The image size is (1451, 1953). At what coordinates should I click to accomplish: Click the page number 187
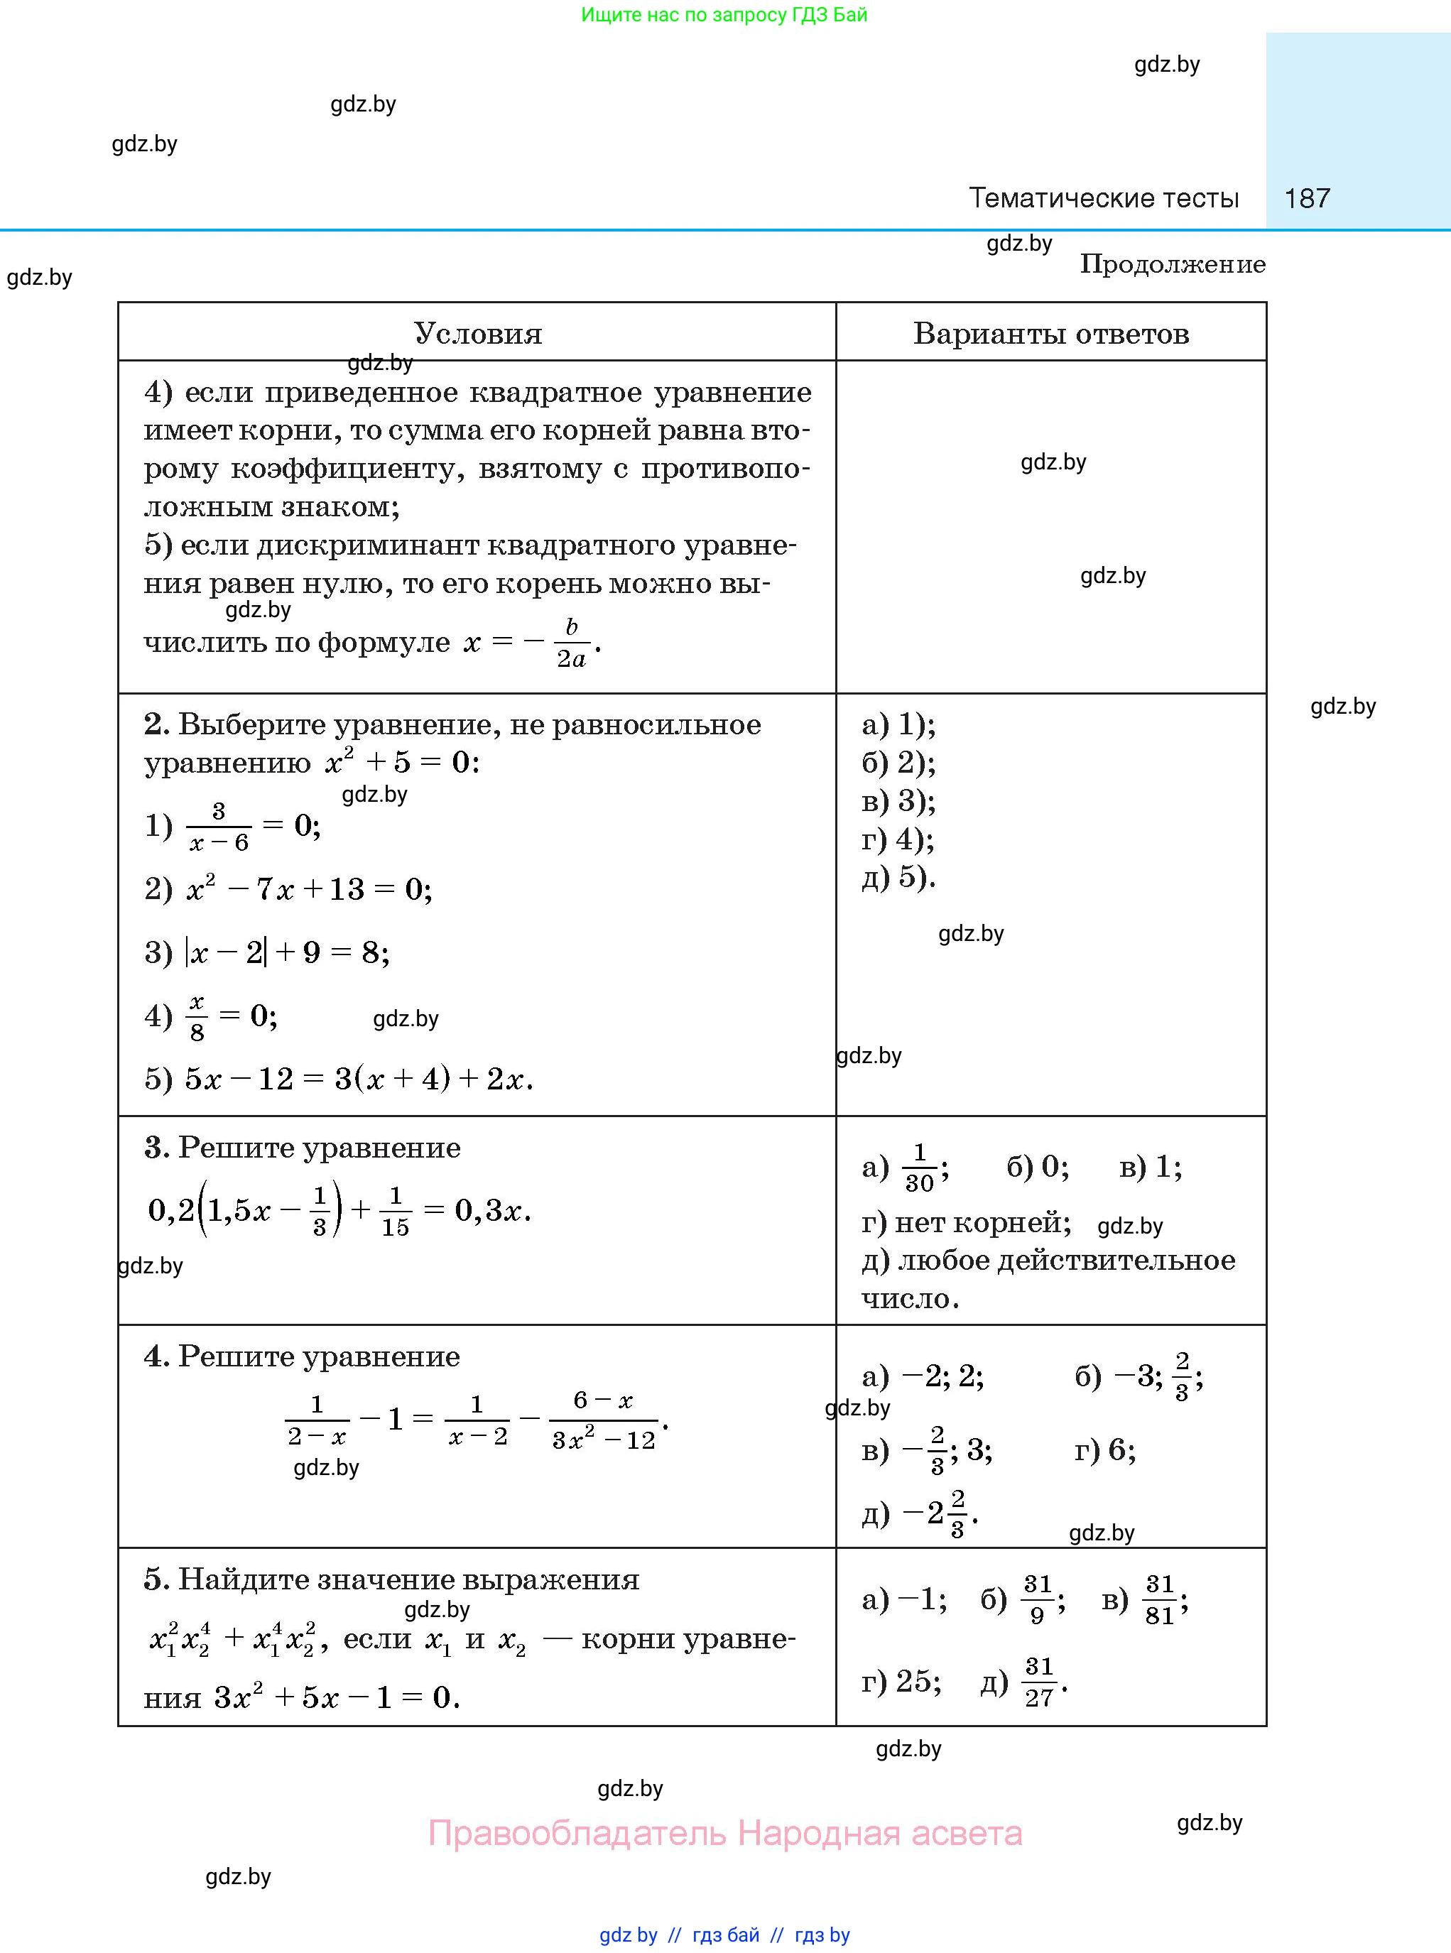point(1306,198)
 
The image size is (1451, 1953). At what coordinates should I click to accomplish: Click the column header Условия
point(478,334)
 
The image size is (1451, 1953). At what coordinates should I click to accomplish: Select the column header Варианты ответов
point(1050,334)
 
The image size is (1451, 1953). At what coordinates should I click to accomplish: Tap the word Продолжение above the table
point(1172,264)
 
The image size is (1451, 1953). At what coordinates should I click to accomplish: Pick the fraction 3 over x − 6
point(219,827)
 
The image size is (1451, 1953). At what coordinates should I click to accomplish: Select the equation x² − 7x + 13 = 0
point(308,890)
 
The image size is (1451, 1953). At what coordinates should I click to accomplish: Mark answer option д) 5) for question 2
point(898,877)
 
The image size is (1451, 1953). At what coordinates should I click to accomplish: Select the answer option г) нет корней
point(965,1222)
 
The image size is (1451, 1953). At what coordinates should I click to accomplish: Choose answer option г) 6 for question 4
point(1104,1449)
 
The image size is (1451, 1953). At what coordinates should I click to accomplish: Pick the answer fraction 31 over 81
point(1159,1601)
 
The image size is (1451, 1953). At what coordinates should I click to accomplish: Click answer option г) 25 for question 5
point(901,1682)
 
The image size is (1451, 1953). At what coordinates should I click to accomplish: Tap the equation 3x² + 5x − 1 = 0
point(337,1697)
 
